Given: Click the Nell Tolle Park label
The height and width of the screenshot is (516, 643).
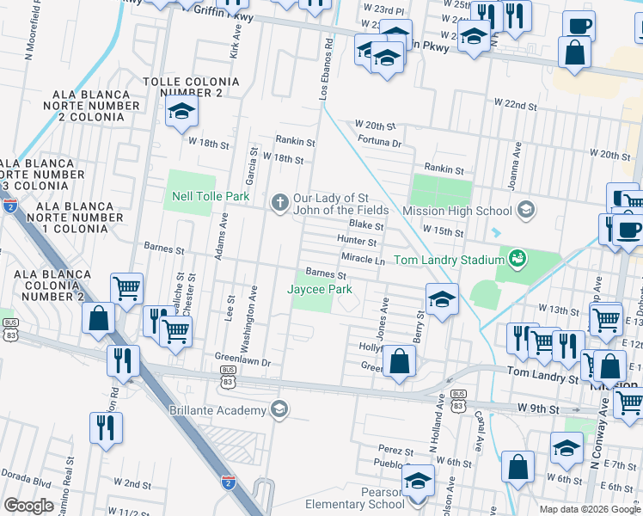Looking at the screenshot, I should (x=209, y=197).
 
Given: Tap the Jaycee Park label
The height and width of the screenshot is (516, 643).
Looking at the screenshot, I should (x=320, y=290).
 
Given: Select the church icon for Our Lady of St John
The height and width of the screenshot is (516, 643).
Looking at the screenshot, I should (x=279, y=203).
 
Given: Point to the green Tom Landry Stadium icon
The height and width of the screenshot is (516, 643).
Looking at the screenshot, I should (x=517, y=257).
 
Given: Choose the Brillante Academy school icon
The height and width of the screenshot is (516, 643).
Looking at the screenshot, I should (x=278, y=408).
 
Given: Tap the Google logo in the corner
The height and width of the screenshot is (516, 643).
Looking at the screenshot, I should (x=28, y=505).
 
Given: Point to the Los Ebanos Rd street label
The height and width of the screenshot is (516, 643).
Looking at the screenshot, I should (x=325, y=69).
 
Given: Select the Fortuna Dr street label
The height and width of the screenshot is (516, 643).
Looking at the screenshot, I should (x=380, y=142).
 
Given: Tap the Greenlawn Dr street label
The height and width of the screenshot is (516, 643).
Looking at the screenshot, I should (x=242, y=363).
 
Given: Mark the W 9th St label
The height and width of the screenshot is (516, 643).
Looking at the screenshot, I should (x=538, y=407).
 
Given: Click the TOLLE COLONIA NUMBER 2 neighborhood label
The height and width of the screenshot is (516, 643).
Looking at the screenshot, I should (x=183, y=86).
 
